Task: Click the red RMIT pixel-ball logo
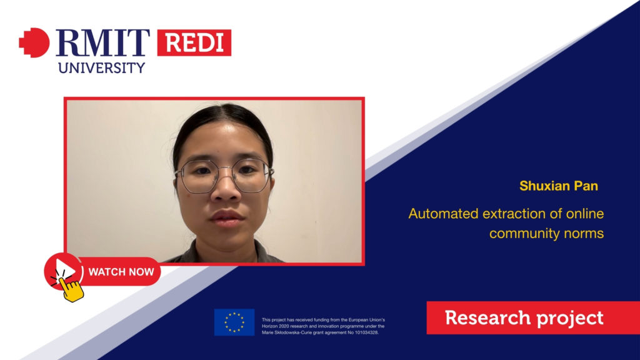pos(34,42)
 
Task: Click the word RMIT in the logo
pos(103,42)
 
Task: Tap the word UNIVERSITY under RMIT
pos(102,67)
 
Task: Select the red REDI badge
pos(194,42)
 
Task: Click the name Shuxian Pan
pos(559,186)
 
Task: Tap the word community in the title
pos(524,234)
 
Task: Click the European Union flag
pos(234,322)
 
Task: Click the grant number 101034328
pos(366,332)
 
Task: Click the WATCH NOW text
pos(121,272)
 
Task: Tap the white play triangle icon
pos(66,270)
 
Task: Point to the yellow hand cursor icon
pos(71,289)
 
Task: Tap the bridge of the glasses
pos(226,170)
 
